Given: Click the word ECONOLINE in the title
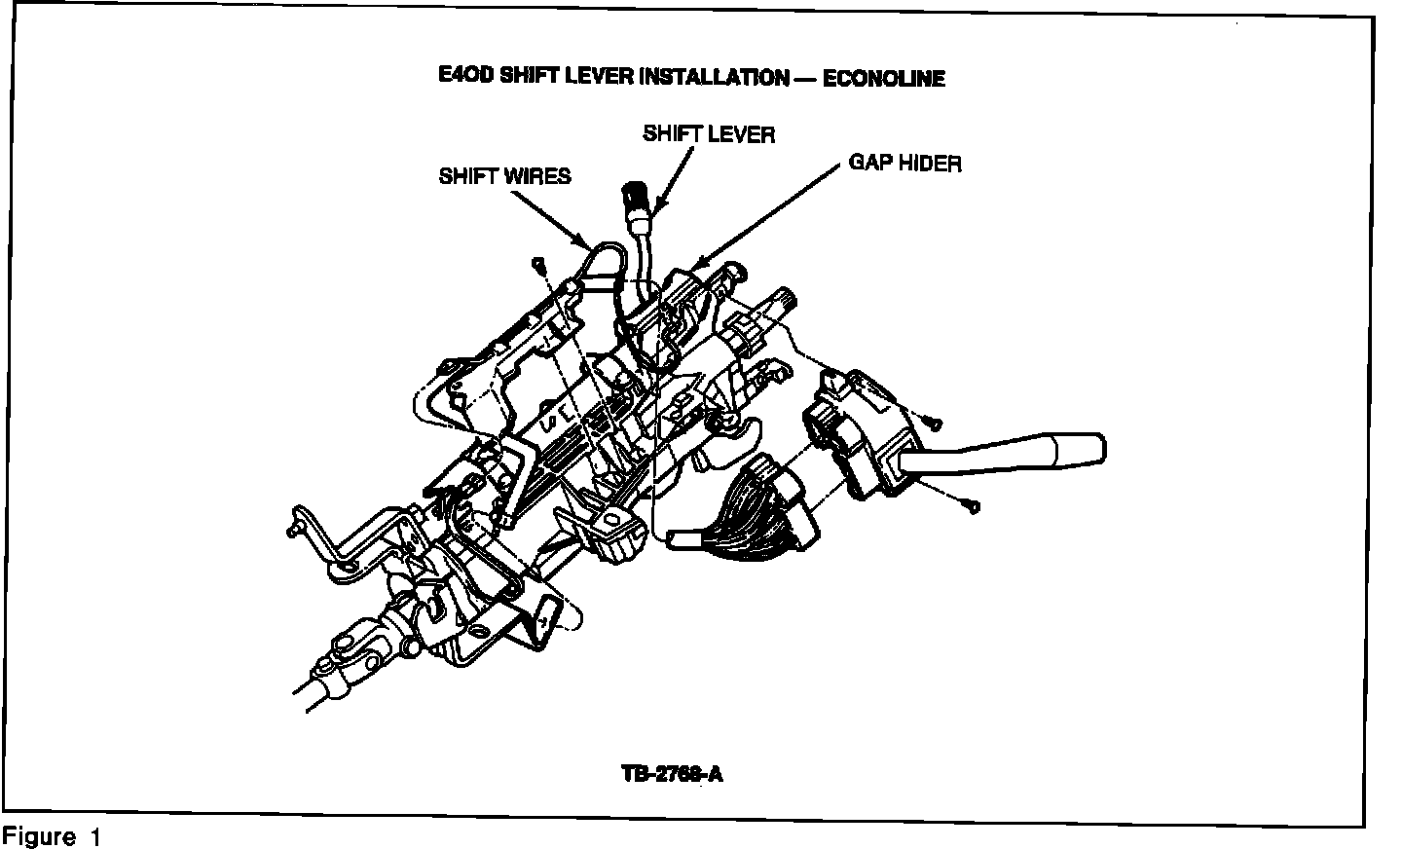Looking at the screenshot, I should click(x=884, y=78).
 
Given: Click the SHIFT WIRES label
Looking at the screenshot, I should click(x=504, y=176).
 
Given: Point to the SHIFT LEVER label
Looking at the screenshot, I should click(x=709, y=133).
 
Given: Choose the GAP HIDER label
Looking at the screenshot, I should click(x=904, y=162).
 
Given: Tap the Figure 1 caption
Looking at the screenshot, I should click(x=53, y=836).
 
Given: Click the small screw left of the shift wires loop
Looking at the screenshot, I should click(x=537, y=264).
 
